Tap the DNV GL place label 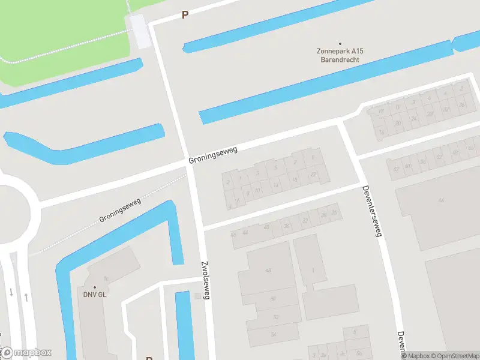click(x=95, y=295)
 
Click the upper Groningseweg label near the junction click(x=213, y=155)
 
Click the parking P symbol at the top click(x=185, y=15)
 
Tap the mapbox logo click(x=26, y=352)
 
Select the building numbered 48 click(x=268, y=271)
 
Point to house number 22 click(x=313, y=174)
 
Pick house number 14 click(x=275, y=185)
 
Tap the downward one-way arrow click(x=11, y=293)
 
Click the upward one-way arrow click(x=26, y=296)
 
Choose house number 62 click(x=395, y=169)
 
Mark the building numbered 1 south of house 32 click(x=313, y=271)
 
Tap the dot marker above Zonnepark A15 click(x=340, y=43)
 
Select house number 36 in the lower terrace click(x=287, y=226)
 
